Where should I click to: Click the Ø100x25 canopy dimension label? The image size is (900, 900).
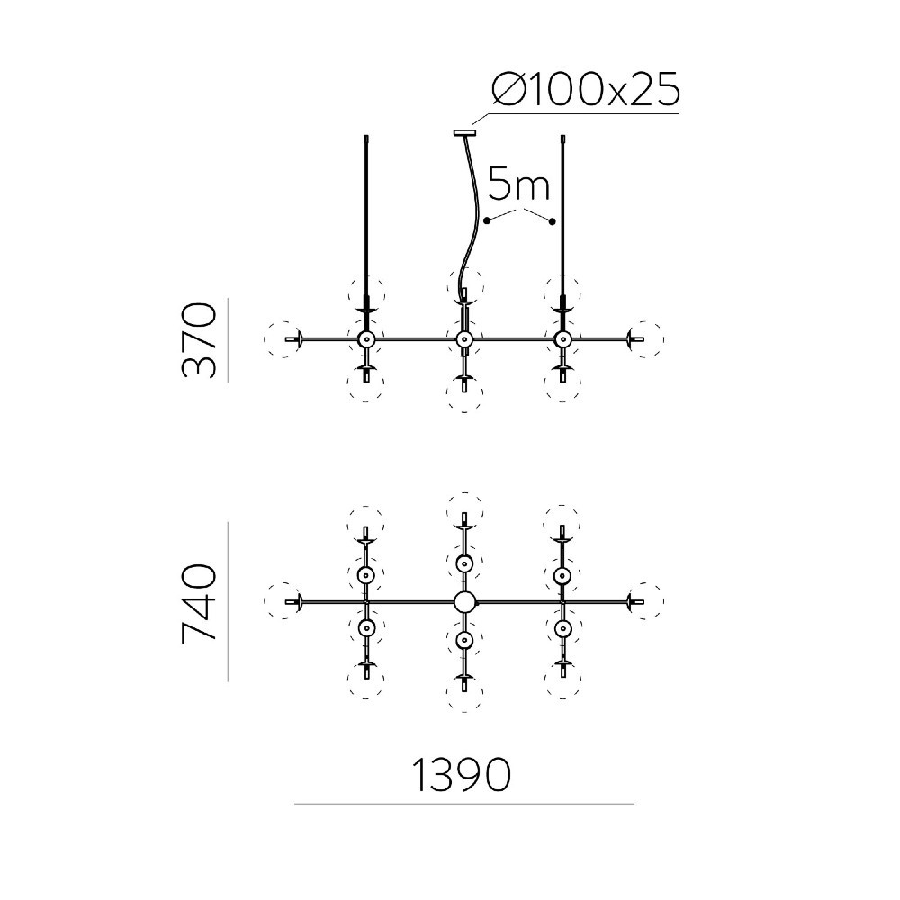pyautogui.click(x=586, y=90)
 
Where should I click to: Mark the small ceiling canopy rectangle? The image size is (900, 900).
pyautogui.click(x=465, y=134)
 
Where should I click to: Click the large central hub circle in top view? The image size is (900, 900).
pyautogui.click(x=464, y=602)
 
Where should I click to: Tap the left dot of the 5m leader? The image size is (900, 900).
pyautogui.click(x=487, y=220)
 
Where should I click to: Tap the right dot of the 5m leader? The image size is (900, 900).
pyautogui.click(x=553, y=221)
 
